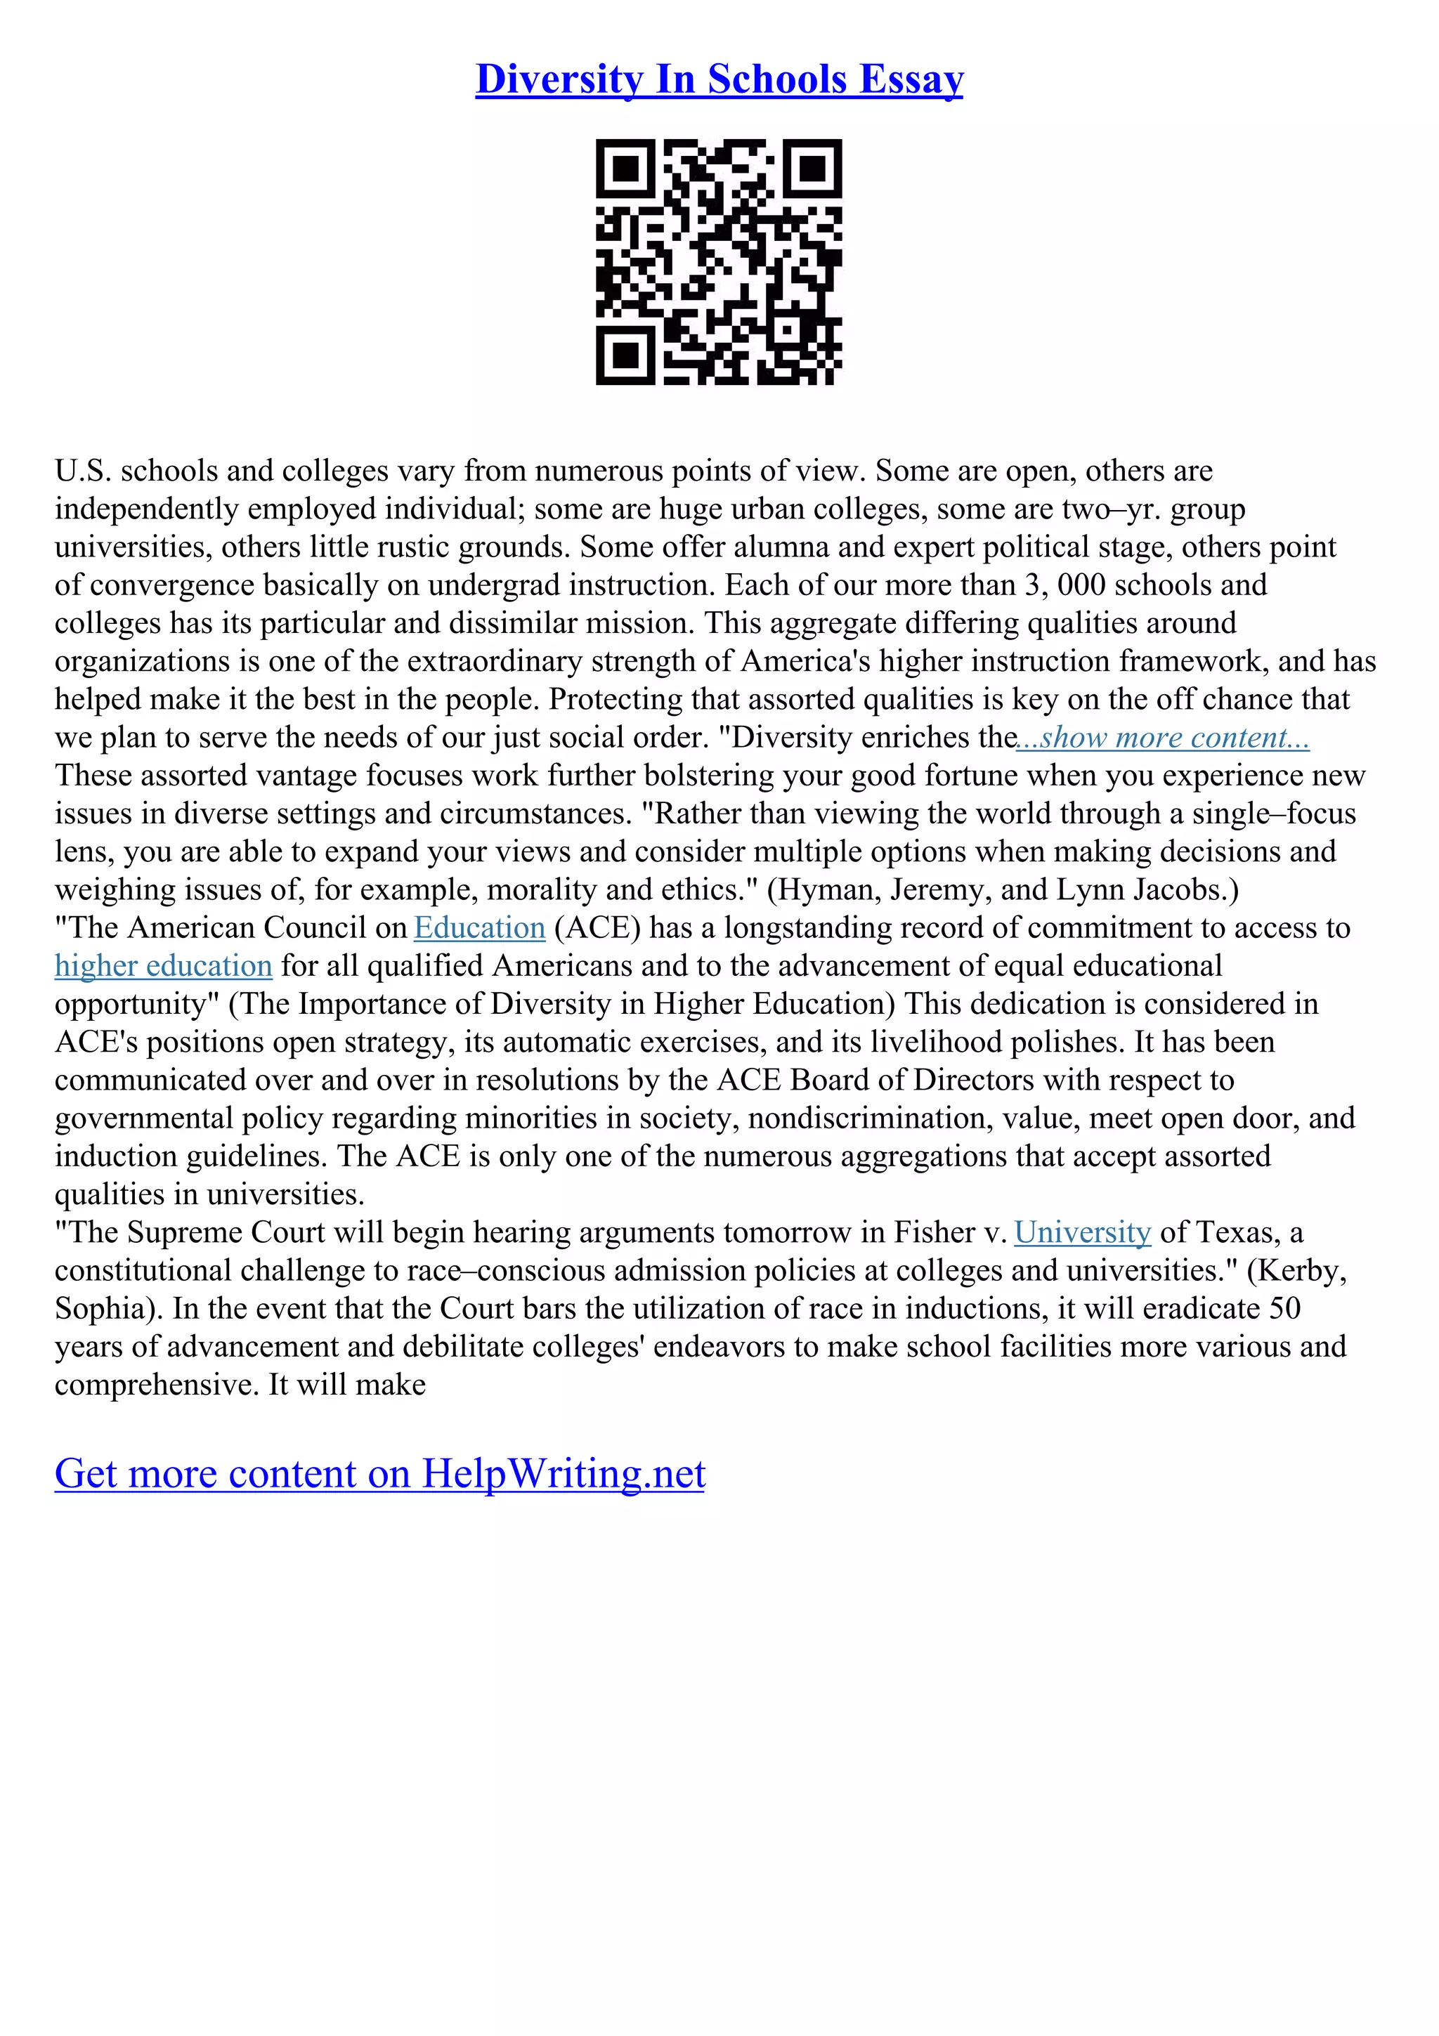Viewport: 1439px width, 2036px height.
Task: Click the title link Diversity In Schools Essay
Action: coord(719,80)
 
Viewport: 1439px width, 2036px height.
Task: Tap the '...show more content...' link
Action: coord(1162,738)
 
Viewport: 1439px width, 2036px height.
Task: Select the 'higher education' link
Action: coord(163,967)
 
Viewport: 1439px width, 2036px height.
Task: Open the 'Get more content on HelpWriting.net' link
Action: coord(379,1474)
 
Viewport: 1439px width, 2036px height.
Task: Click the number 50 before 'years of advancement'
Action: coord(1283,1310)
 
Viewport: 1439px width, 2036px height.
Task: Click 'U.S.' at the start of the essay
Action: coord(82,471)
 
